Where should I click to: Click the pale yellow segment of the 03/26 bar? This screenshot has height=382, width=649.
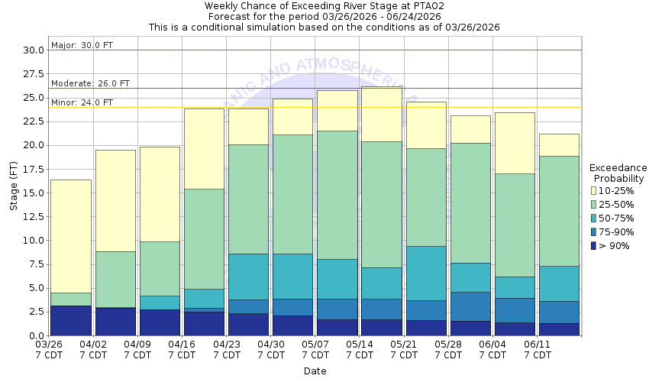pos(69,236)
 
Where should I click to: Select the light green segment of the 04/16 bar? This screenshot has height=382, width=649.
pos(204,238)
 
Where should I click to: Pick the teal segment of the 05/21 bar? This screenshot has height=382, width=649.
pos(425,273)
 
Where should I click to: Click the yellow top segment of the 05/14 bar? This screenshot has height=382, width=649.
pos(381,114)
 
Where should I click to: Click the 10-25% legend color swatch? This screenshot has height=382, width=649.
pos(593,190)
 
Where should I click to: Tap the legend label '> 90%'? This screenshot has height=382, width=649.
pos(615,245)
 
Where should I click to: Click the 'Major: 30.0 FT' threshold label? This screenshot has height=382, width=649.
pos(82,46)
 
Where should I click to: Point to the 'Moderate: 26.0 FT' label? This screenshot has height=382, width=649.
pos(90,83)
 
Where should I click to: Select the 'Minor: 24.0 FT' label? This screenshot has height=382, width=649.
pos(82,102)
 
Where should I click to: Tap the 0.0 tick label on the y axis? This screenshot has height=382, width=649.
pos(35,335)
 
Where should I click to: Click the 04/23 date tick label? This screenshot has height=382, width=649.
pos(226,345)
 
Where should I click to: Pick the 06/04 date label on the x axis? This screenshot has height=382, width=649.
pos(492,345)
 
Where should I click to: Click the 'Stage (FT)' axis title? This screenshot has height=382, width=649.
pos(13,192)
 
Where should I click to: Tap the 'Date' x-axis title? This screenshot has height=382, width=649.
pos(315,371)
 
